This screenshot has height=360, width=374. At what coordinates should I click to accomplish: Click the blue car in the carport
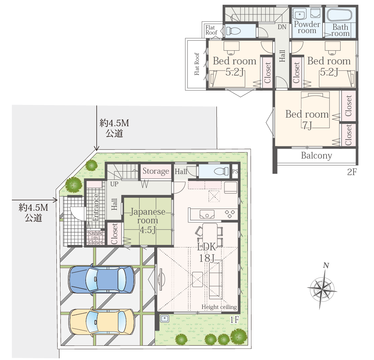pyautogui.click(x=101, y=279)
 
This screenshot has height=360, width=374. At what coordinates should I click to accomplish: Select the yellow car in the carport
pyautogui.click(x=102, y=322)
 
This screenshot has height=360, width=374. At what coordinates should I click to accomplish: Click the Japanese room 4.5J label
pyautogui.click(x=148, y=220)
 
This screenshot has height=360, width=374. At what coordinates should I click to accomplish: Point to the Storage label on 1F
pyautogui.click(x=156, y=171)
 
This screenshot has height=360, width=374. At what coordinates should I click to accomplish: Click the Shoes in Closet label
pyautogui.click(x=95, y=238)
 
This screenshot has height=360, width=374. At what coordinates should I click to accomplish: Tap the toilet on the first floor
pyautogui.click(x=221, y=171)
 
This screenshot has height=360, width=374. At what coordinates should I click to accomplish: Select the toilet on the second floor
pyautogui.click(x=233, y=31)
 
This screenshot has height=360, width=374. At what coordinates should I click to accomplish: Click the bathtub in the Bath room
pyautogui.click(x=339, y=15)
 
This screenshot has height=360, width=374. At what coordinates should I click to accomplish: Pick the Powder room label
pyautogui.click(x=307, y=27)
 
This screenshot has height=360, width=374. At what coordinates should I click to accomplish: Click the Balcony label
pyautogui.click(x=316, y=156)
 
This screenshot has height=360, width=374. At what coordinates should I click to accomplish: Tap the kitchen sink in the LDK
pyautogui.click(x=207, y=214)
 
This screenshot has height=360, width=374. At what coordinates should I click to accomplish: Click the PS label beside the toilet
pyautogui.click(x=235, y=171)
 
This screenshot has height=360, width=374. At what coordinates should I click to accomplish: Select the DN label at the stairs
pyautogui.click(x=282, y=27)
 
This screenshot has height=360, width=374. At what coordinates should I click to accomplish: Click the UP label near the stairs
pyautogui.click(x=114, y=184)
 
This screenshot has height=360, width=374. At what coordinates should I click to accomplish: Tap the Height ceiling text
pyautogui.click(x=219, y=307)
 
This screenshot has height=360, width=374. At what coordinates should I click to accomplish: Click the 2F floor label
pyautogui.click(x=352, y=172)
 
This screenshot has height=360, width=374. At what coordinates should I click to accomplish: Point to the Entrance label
pyautogui.click(x=95, y=207)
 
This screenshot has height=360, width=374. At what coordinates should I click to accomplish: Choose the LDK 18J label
pyautogui.click(x=206, y=252)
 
